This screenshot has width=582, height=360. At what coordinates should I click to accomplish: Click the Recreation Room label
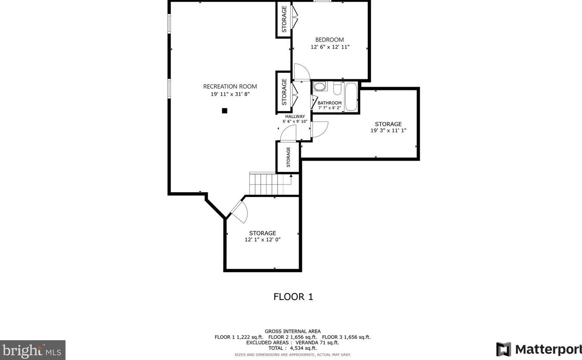click(x=230, y=86)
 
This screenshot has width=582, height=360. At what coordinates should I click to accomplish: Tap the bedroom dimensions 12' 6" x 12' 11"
click(x=330, y=47)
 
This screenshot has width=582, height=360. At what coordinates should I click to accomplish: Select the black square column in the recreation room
click(x=225, y=111)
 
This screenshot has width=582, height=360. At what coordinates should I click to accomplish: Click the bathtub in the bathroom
click(x=351, y=97)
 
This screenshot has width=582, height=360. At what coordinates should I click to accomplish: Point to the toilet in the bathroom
click(x=337, y=88)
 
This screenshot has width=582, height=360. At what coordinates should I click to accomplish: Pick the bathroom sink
click(x=320, y=86)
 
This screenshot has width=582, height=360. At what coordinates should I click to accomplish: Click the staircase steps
click(x=270, y=184)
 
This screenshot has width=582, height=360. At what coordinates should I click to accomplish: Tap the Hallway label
click(x=295, y=117)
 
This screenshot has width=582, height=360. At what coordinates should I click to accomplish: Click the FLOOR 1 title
click(x=293, y=297)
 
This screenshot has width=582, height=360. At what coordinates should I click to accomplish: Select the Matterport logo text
click(x=548, y=349)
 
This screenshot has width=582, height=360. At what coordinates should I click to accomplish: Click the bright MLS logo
click(x=32, y=350)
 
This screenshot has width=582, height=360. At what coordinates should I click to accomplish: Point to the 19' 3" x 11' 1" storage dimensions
click(x=388, y=131)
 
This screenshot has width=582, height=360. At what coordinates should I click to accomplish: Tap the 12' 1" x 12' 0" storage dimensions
click(x=262, y=240)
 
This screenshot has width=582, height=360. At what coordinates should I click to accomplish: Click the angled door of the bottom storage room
click(x=239, y=212)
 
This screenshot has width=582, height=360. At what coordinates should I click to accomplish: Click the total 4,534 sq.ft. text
click(x=292, y=348)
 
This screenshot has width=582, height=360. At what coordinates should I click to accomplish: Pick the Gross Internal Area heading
click(x=292, y=331)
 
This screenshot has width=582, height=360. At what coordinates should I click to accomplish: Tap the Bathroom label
click(x=329, y=103)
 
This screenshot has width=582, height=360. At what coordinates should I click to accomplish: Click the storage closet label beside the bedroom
click(x=284, y=19)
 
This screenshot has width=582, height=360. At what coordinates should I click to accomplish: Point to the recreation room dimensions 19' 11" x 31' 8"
click(x=230, y=94)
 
